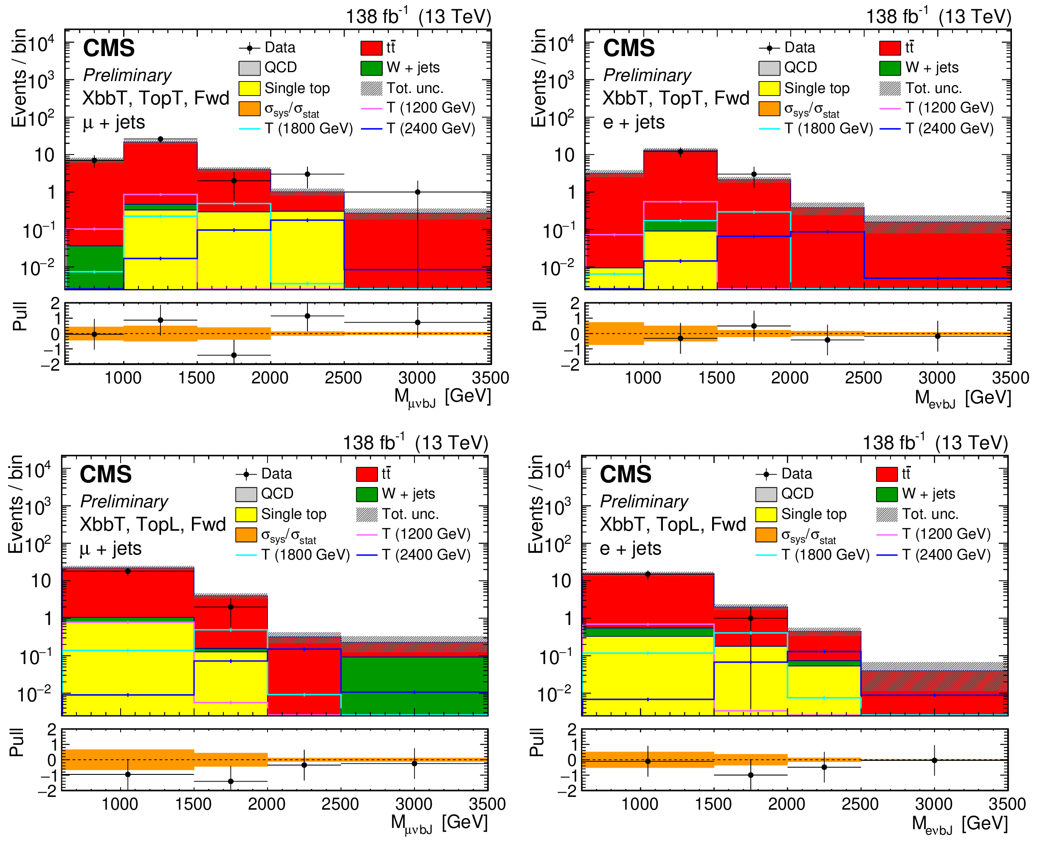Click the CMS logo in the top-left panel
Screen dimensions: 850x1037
(x=109, y=48)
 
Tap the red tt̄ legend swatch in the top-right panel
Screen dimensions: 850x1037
(x=890, y=48)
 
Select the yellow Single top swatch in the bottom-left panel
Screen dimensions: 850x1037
(x=246, y=514)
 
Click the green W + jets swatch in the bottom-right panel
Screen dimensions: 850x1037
(x=887, y=494)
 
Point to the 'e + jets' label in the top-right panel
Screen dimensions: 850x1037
(x=634, y=122)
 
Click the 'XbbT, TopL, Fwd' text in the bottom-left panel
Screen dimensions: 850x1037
(x=153, y=524)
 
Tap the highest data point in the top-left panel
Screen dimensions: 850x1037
(x=161, y=139)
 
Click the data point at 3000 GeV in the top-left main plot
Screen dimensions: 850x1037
(x=417, y=192)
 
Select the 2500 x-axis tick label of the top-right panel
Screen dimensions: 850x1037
(x=863, y=378)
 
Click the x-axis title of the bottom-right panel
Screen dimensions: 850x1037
(x=959, y=824)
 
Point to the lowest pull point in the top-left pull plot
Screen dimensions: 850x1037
(x=234, y=355)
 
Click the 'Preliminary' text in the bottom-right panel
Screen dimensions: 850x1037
(x=644, y=501)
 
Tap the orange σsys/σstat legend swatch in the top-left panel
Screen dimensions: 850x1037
(x=249, y=109)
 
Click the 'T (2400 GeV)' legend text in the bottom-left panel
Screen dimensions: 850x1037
(x=426, y=555)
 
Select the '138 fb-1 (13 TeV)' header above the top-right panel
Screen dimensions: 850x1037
(x=938, y=17)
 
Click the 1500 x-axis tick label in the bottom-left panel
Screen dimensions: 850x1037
(x=193, y=804)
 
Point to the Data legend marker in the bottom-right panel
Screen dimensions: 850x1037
(x=766, y=474)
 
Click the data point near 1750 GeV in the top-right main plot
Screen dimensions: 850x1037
(x=754, y=175)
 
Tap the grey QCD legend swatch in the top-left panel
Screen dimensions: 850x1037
(x=249, y=68)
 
